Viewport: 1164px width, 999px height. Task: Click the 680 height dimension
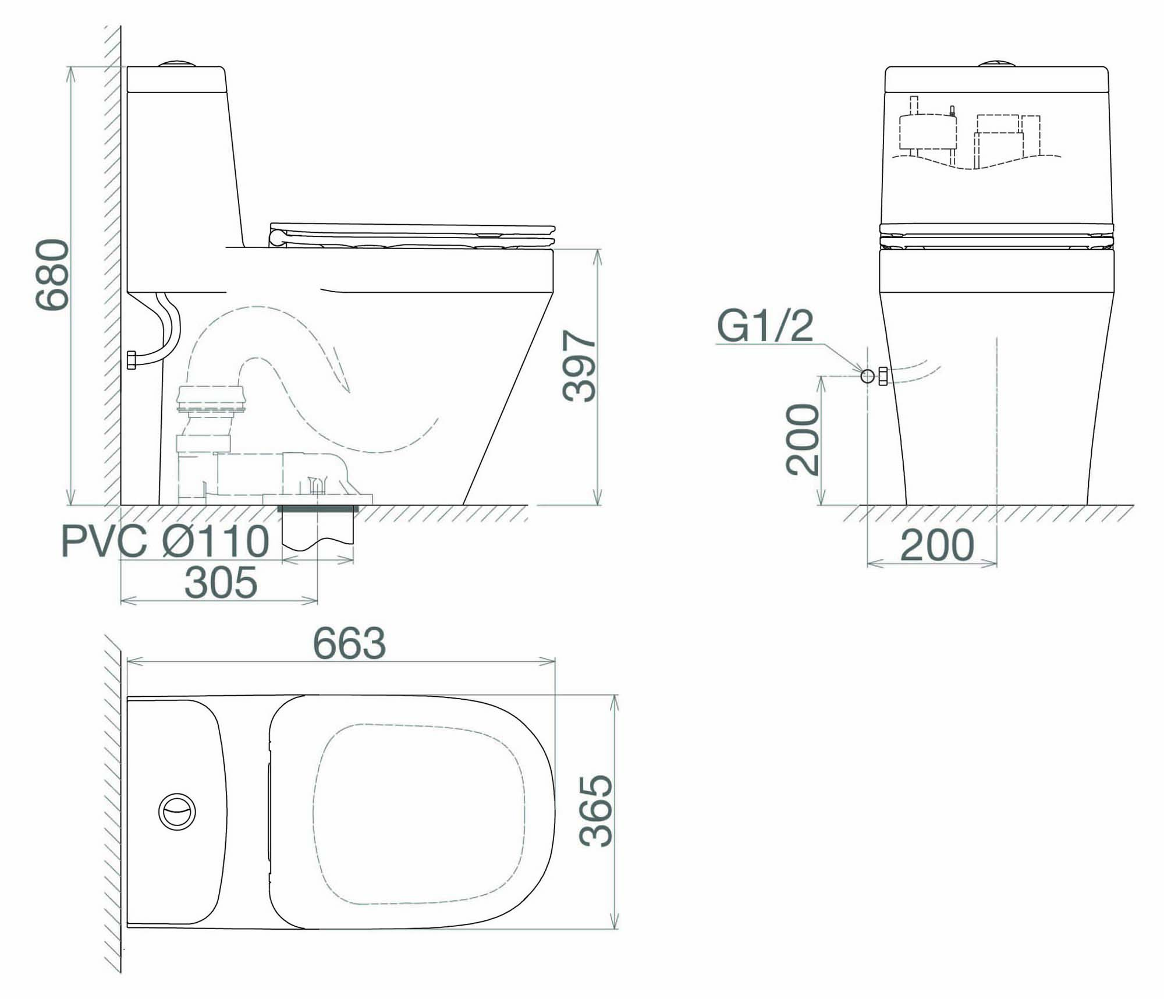click(53, 274)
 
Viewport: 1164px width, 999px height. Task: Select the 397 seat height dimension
click(580, 366)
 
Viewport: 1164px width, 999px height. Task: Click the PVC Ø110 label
click(165, 541)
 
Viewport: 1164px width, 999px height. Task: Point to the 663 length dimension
click(349, 643)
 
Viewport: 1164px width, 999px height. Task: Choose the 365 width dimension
click(596, 810)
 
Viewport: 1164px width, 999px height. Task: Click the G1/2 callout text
click(765, 326)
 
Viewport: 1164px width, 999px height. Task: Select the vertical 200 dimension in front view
click(803, 440)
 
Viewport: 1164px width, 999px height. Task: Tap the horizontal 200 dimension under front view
click(937, 545)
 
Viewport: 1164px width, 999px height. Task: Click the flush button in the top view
click(177, 811)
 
